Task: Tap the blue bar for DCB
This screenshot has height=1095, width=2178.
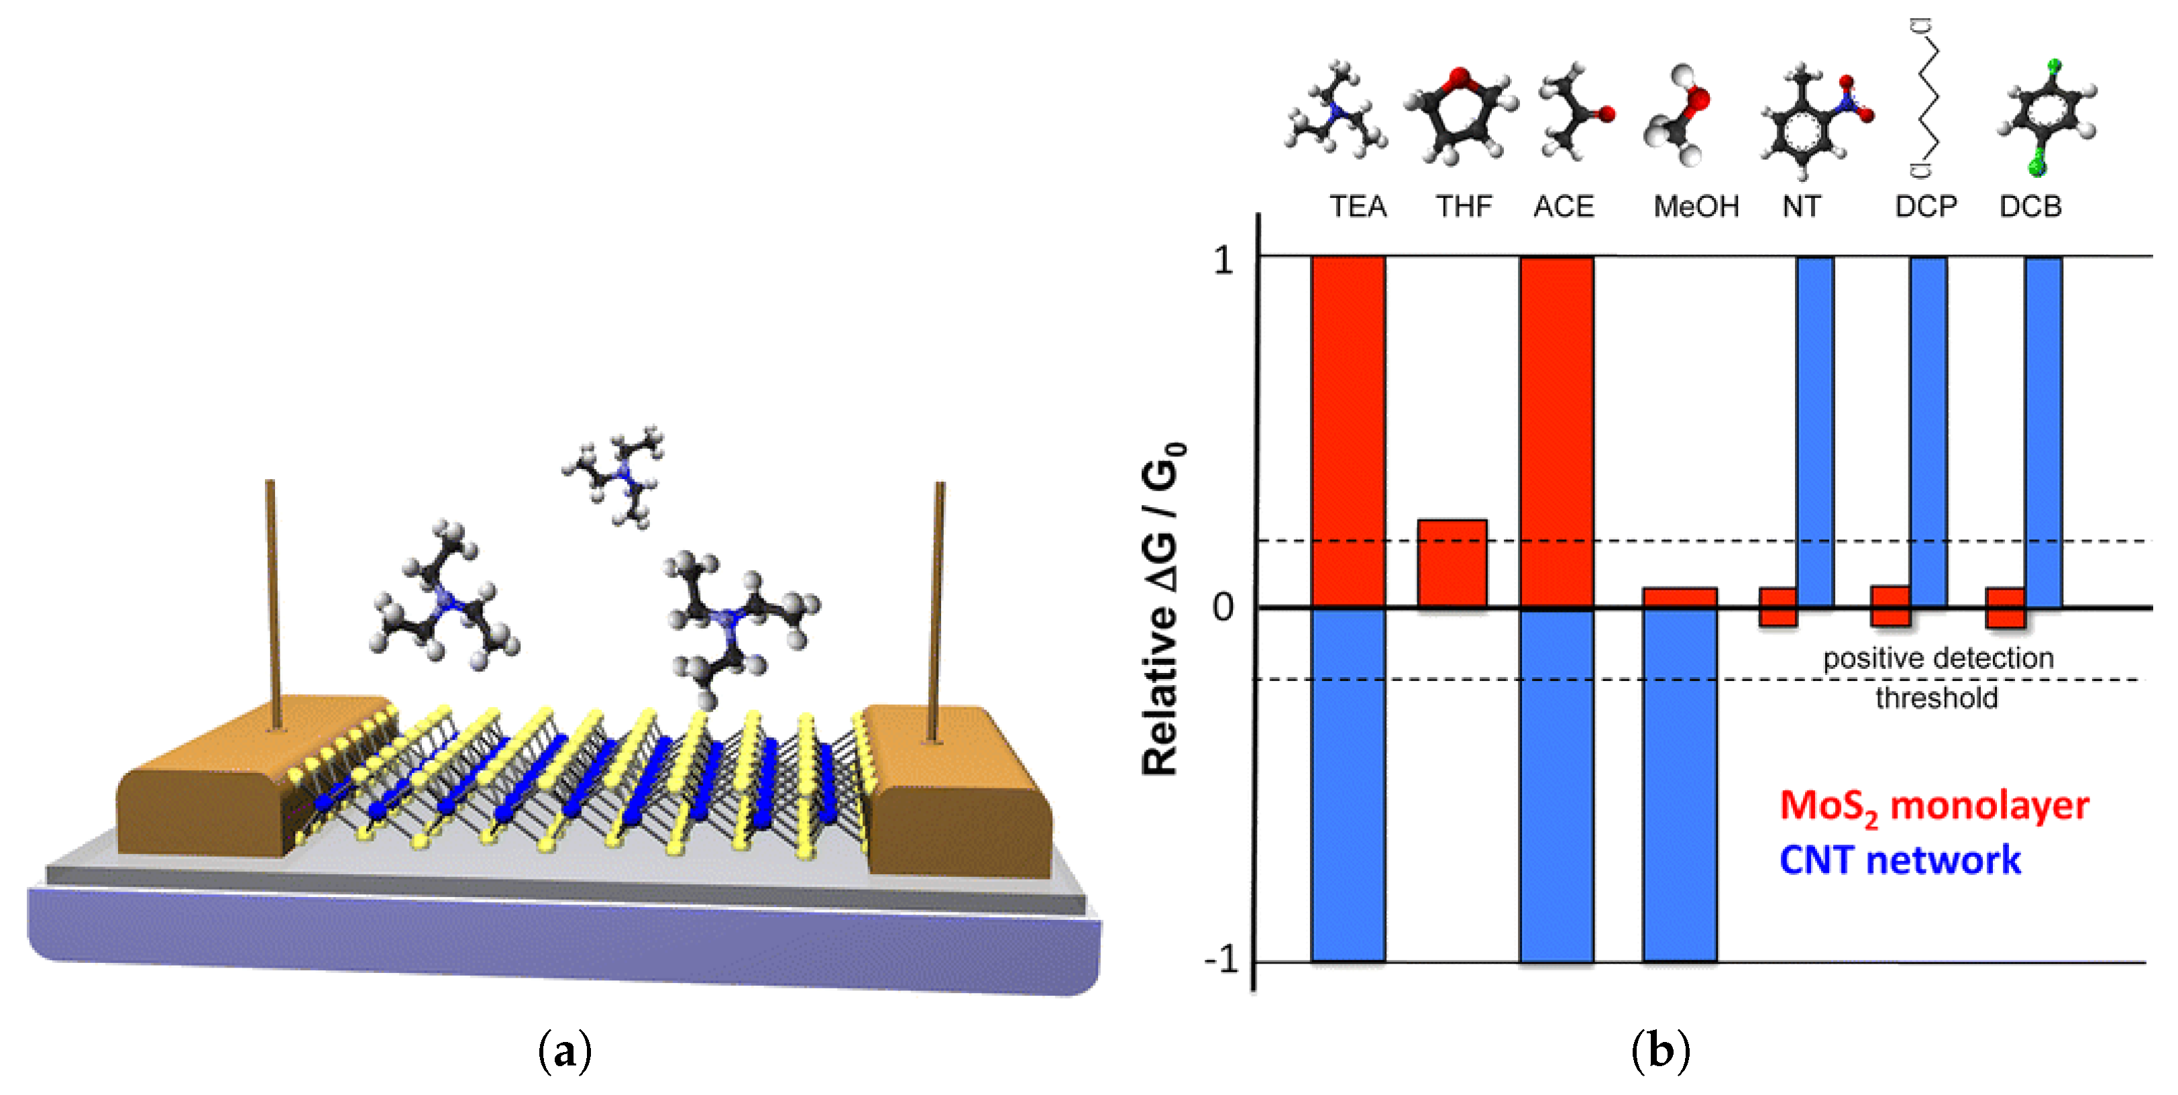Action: tap(2043, 431)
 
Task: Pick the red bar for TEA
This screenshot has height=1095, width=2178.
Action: tap(1348, 431)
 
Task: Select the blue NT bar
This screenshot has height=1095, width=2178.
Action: tap(1815, 431)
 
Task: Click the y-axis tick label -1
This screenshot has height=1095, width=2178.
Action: tap(1221, 961)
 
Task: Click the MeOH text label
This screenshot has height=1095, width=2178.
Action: tap(1695, 206)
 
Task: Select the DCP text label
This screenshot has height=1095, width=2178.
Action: tap(1925, 206)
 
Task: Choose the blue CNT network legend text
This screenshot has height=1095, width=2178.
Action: tap(1900, 861)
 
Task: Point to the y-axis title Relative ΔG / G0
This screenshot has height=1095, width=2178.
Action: tap(1162, 609)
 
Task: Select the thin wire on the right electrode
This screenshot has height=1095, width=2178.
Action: tap(937, 609)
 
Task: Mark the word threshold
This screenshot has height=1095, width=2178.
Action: tap(1937, 698)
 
